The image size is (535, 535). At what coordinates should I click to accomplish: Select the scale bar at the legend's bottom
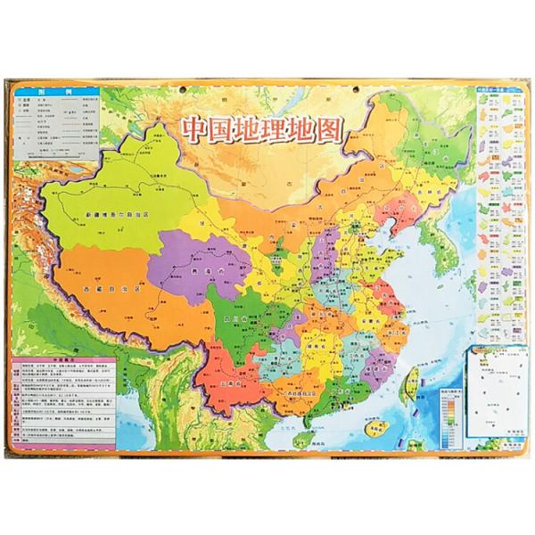[53, 155]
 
